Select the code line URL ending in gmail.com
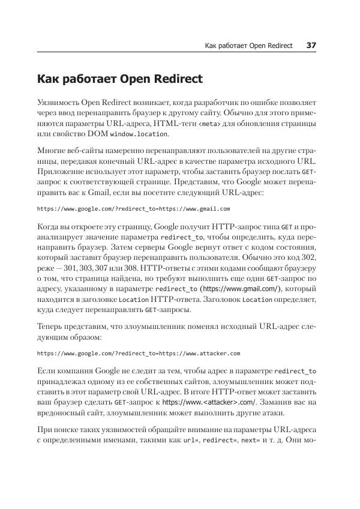(133, 209)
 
